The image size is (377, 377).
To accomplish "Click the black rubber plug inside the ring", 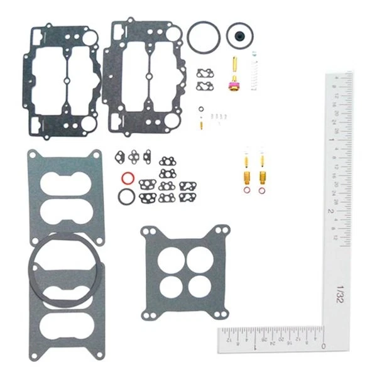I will click(238, 35).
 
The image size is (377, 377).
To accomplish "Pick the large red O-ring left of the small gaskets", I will click(126, 178).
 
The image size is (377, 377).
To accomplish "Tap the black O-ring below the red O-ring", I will click(126, 197).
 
